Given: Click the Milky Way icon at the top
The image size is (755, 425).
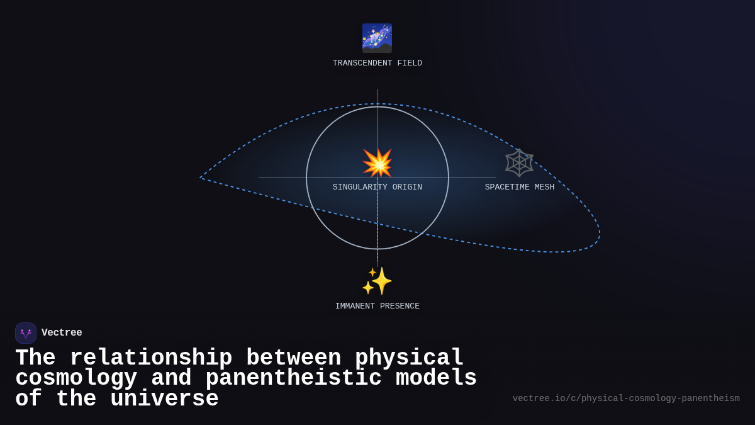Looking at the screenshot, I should (x=377, y=38).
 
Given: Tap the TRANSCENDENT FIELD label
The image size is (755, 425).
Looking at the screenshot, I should (x=377, y=63).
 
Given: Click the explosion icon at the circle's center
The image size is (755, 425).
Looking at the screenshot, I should (x=377, y=163).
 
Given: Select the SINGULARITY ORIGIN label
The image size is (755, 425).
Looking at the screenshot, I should (x=377, y=187).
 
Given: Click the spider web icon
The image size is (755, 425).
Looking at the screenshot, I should (x=519, y=162).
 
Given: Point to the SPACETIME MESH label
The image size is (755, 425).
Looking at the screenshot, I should (x=519, y=187).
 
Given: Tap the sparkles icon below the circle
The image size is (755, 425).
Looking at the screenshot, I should (x=377, y=281).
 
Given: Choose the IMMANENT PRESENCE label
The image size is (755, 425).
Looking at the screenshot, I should (x=377, y=306).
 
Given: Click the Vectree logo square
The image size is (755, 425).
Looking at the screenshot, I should (x=26, y=333).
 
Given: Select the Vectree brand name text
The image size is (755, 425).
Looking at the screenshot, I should (x=62, y=333).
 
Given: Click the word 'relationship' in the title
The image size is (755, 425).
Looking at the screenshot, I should (x=150, y=358).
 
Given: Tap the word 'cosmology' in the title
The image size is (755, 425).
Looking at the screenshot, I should (x=75, y=378).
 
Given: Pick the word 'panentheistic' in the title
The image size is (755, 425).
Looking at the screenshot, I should (x=293, y=378).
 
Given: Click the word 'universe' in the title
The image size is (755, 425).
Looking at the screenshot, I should (x=164, y=399).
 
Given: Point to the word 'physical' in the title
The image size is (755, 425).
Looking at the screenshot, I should (x=409, y=358).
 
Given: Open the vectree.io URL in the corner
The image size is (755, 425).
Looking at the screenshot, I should (x=625, y=399).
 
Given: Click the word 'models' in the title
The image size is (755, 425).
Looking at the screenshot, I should (x=436, y=378).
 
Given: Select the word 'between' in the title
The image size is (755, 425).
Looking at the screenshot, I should (x=293, y=358).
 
